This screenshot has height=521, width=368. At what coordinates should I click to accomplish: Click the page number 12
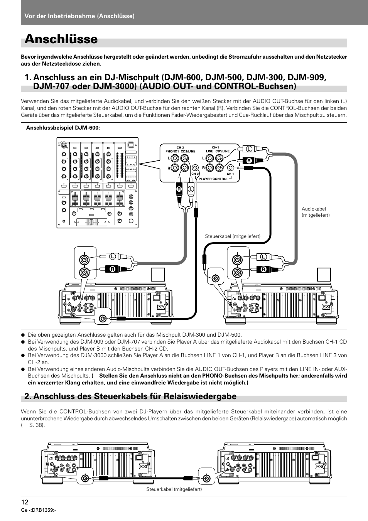[x=25, y=502]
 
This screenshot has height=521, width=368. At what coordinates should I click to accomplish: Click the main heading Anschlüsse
[x=61, y=39]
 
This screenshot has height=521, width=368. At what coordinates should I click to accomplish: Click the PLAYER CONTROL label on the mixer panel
[x=213, y=179]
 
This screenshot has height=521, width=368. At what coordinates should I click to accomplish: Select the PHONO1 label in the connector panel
[x=172, y=151]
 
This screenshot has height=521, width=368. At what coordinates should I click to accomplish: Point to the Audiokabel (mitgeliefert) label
[x=316, y=212]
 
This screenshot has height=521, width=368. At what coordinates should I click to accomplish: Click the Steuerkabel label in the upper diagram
[x=233, y=236]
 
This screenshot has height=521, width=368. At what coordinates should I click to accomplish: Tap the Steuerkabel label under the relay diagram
[x=174, y=489]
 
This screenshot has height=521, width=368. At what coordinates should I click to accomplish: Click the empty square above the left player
[x=158, y=275]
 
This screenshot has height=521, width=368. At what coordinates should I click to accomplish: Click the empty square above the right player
[x=324, y=275]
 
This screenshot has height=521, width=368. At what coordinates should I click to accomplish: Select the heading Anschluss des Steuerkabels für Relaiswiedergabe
[x=130, y=396]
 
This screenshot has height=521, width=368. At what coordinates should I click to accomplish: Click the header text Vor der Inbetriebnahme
[x=79, y=16]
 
